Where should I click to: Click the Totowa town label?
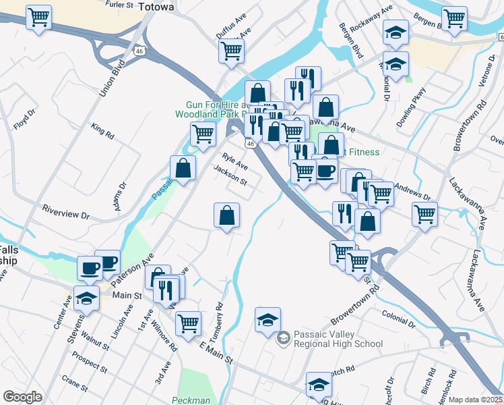(x=156, y=7)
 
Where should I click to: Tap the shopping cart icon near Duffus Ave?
(x=232, y=51)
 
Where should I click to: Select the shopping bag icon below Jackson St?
(x=227, y=216)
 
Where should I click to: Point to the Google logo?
(x=22, y=397)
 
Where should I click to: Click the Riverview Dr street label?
(x=65, y=211)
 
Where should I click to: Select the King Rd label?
(x=103, y=130)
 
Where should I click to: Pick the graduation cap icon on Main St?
(x=87, y=298)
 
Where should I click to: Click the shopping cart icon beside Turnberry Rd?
(x=188, y=323)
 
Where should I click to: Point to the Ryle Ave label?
(x=235, y=163)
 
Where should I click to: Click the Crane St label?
(x=75, y=383)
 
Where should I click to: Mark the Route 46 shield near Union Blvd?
(x=139, y=51)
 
